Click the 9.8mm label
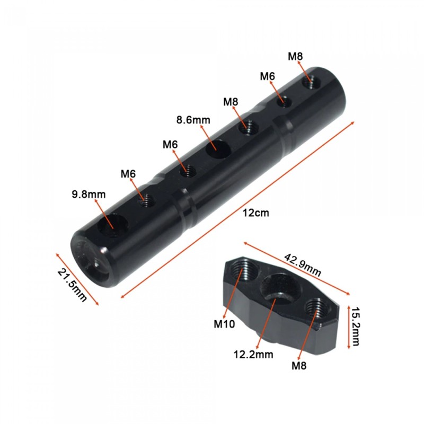(89, 195)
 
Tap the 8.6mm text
(193, 120)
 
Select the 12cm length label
(256, 213)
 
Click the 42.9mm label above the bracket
(303, 264)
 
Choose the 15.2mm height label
(355, 326)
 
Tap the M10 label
(224, 324)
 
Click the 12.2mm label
(253, 354)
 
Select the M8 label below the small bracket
(299, 366)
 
